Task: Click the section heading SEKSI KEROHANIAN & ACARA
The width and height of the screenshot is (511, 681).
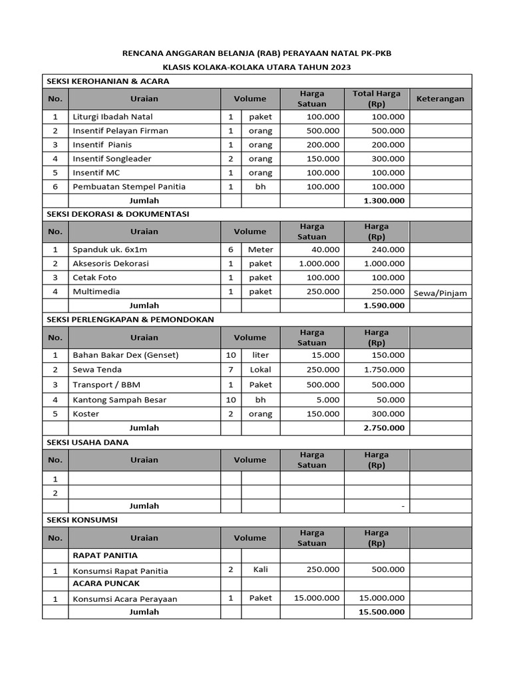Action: (x=107, y=81)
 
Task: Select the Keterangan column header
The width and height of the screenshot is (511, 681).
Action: (x=440, y=98)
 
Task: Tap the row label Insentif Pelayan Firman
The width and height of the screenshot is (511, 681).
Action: (x=120, y=130)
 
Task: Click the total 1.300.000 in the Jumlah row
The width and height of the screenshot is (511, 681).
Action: (x=385, y=200)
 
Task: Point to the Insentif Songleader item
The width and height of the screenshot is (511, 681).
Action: (x=112, y=158)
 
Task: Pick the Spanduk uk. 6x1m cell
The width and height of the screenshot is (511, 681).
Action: (x=110, y=249)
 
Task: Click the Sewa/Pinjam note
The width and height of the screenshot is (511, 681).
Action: (x=440, y=293)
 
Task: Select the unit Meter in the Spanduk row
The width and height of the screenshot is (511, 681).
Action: (x=260, y=249)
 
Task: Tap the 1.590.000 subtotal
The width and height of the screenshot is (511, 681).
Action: (x=385, y=305)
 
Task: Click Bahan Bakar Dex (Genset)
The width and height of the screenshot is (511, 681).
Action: (x=125, y=355)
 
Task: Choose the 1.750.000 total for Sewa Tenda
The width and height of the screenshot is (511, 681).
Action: (x=385, y=369)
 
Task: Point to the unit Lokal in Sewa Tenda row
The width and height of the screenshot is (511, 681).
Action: (x=260, y=369)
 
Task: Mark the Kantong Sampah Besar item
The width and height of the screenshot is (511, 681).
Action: (x=119, y=400)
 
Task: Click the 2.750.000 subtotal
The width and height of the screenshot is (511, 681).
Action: (x=385, y=428)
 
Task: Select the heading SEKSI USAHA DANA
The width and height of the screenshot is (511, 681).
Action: (x=87, y=442)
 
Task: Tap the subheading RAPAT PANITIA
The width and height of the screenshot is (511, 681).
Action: (x=105, y=555)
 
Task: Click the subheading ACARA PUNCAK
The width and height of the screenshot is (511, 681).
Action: (x=106, y=583)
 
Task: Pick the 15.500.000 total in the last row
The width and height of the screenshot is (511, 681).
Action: (x=382, y=612)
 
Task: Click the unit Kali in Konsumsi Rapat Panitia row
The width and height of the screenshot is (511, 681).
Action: (x=260, y=570)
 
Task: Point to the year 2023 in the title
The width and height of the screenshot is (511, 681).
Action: (x=339, y=67)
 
